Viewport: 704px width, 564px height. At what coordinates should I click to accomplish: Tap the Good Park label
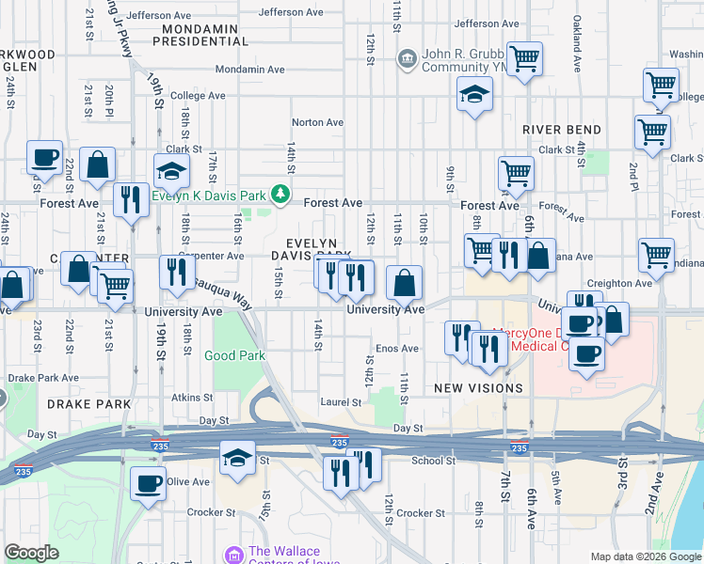coord(235,355)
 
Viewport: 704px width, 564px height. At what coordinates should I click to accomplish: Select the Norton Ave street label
coord(317,122)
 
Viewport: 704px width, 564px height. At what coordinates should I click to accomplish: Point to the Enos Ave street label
coord(397,349)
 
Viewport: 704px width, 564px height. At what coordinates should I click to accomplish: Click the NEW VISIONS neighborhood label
coord(478,388)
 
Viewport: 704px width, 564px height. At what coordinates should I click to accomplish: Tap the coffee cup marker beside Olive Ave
coord(147,483)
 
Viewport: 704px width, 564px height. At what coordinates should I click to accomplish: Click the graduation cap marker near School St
coord(237,459)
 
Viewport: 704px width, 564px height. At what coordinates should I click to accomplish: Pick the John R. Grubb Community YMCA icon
coord(407,59)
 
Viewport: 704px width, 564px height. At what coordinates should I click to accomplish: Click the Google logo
coord(32,553)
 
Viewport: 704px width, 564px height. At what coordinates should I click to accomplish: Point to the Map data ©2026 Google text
coord(645,556)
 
